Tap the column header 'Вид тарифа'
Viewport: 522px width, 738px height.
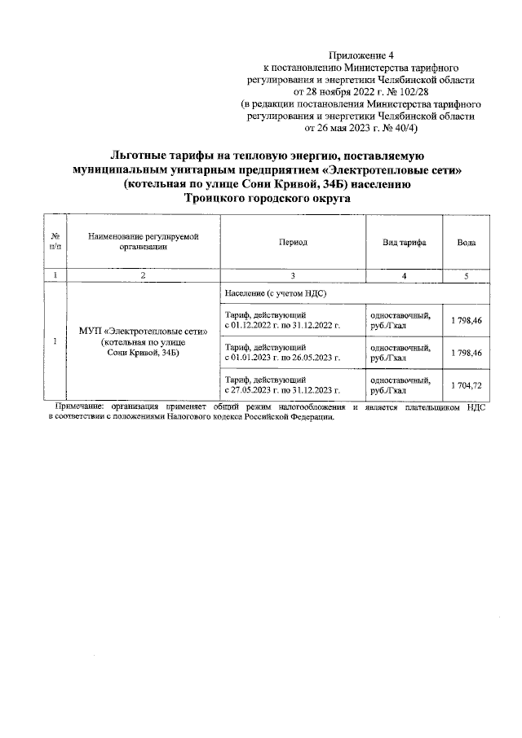click(405, 243)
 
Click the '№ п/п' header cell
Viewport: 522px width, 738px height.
click(55, 243)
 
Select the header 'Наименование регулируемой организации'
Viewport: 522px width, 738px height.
click(143, 242)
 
